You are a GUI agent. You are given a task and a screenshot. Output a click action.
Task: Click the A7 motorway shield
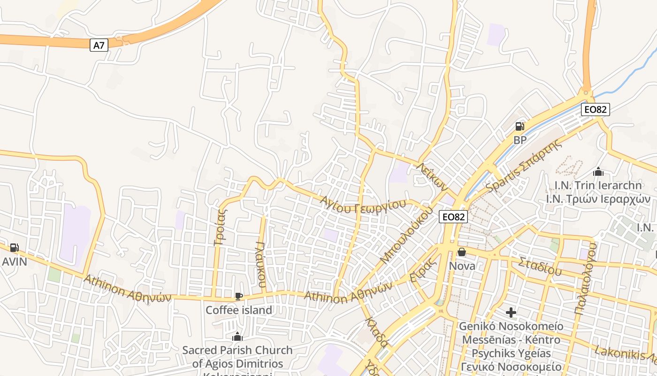coord(99,45)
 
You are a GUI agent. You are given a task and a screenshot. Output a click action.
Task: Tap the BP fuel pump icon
coord(519,126)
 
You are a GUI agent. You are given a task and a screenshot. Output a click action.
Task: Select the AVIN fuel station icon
coord(14,248)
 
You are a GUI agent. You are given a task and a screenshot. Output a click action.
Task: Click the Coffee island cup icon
coord(238,296)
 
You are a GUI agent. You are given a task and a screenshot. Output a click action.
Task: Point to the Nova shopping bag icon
coord(462,252)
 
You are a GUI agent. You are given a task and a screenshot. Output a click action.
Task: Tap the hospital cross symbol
coord(511,312)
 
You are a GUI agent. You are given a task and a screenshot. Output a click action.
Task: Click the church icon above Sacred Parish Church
coord(237,337)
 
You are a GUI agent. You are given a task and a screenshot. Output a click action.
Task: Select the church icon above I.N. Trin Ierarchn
coord(598,172)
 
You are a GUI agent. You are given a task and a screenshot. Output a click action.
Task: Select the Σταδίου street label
coord(540,266)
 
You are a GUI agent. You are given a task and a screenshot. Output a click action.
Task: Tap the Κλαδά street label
coord(376,332)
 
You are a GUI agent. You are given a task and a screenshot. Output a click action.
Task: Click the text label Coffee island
coord(239,310)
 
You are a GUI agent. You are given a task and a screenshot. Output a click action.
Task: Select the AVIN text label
coord(14,261)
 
